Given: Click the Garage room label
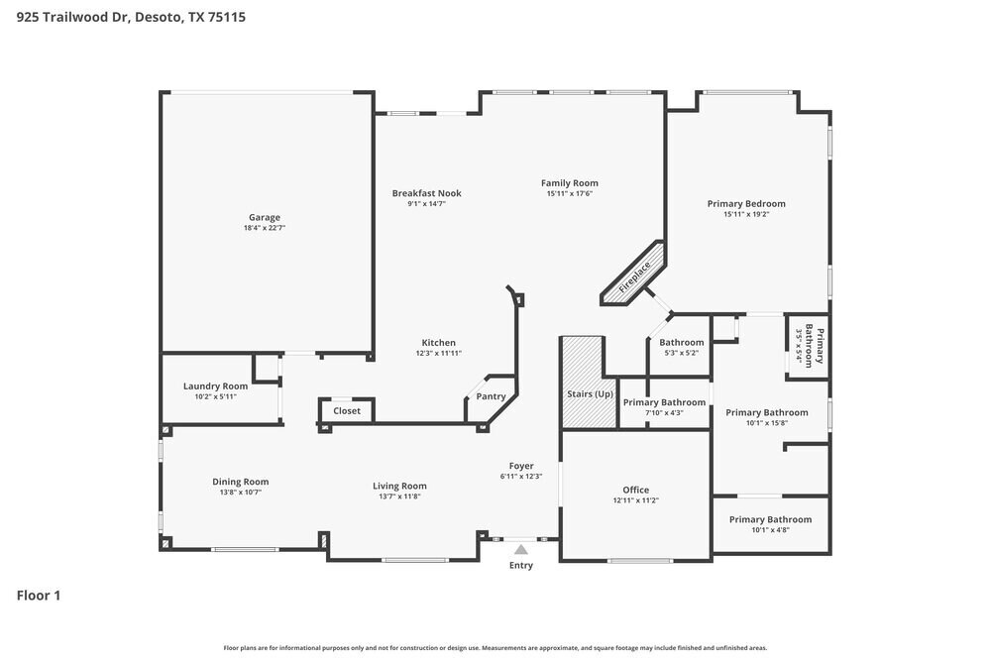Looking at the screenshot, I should tap(264, 217).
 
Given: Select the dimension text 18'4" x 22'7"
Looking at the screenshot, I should tap(264, 228).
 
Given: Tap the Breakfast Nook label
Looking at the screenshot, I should tap(426, 193).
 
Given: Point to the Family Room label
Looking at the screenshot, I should tap(569, 182).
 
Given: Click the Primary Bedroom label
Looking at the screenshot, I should tap(746, 203).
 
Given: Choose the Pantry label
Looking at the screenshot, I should tap(491, 396).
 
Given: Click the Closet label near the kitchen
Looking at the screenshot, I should tap(347, 410).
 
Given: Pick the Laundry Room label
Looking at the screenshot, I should tap(215, 386).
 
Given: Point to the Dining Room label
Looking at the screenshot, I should tap(240, 482).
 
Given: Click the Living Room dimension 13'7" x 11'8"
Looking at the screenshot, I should tap(399, 496).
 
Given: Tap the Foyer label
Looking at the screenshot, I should tap(521, 466).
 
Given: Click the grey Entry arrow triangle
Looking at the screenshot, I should tap(520, 548).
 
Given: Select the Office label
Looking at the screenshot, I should tap(635, 490).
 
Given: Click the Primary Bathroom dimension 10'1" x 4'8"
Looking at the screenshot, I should tap(770, 530).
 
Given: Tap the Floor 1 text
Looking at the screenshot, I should tap(39, 596).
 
